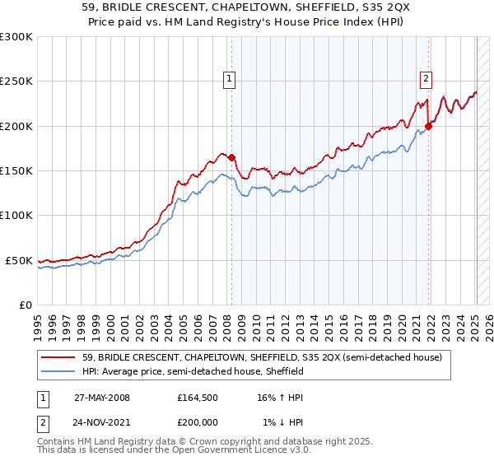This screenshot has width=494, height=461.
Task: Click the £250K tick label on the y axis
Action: click(x=16, y=81)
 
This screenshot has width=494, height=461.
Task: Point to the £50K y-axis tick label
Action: click(x=19, y=260)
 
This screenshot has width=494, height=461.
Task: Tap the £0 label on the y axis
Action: click(x=25, y=305)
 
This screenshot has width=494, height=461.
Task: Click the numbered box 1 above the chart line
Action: click(x=228, y=79)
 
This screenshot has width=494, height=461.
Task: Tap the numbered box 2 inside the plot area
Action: click(x=426, y=79)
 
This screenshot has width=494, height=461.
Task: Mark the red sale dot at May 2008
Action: click(x=231, y=158)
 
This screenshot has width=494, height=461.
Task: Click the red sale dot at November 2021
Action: click(x=429, y=126)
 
